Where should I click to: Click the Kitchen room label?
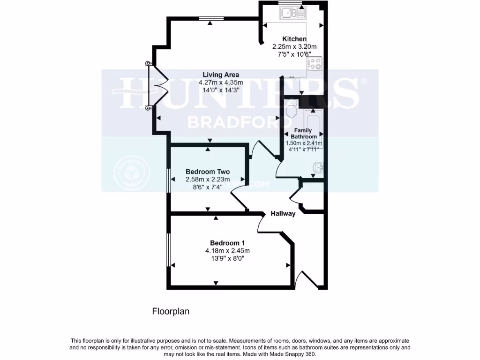294,39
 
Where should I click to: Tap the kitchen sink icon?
293,13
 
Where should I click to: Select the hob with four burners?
315,64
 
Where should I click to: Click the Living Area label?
221,75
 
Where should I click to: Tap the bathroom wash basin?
319,167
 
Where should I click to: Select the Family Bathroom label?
303,134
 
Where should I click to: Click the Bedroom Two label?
208,172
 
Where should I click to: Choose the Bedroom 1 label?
227,243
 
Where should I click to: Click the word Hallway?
283,214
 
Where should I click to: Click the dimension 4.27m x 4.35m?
220,82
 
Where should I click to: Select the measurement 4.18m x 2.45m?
227,251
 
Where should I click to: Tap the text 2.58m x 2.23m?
208,180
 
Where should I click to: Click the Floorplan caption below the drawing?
171,311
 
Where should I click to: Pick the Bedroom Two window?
169,179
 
